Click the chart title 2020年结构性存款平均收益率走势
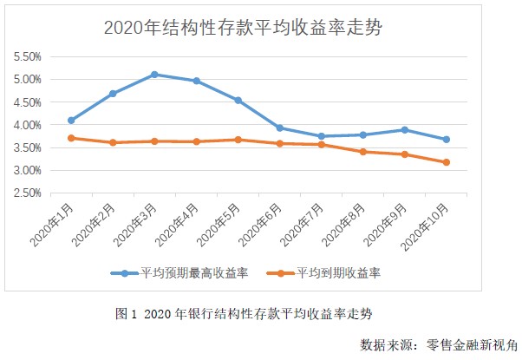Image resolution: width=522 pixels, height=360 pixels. (244, 27)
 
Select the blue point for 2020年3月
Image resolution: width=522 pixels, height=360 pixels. (154, 75)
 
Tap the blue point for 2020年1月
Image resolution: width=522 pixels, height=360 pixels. (71, 121)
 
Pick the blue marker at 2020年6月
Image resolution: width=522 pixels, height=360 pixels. (279, 128)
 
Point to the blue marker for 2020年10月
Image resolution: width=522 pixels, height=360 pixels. (446, 140)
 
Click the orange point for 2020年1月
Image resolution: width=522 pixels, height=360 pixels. (71, 138)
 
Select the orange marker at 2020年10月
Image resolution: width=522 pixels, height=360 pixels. (446, 162)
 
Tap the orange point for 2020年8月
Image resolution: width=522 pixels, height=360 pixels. (362, 152)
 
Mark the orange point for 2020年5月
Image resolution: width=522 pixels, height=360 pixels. (238, 140)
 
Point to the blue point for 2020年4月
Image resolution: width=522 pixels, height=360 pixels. (196, 81)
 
